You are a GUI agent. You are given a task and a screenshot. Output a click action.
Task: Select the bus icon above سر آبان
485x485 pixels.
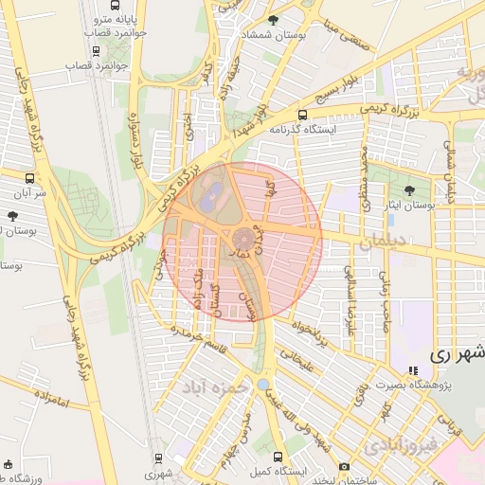[31, 177]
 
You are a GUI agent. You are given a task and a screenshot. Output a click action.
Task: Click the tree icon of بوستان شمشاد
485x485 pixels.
[274, 20]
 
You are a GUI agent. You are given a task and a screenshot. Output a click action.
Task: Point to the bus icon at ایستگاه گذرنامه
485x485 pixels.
[328, 113]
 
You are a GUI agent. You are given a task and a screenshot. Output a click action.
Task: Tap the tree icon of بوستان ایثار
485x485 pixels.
[409, 190]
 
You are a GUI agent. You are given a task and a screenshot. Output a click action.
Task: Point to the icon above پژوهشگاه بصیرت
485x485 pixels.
[411, 371]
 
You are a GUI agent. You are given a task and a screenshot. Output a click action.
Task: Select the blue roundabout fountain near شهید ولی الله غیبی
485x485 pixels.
[262, 384]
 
